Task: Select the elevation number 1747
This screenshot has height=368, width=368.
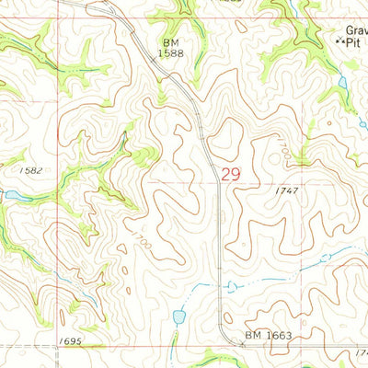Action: [x=286, y=190]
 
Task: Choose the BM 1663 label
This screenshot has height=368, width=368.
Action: [x=269, y=337]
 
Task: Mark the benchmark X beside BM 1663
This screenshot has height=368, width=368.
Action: [x=242, y=343]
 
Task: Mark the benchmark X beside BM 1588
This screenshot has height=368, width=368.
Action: [x=154, y=61]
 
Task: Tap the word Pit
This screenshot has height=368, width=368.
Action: [x=354, y=42]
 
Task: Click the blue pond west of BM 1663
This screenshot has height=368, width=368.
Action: [x=178, y=318]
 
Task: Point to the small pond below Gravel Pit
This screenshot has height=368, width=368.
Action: [x=343, y=83]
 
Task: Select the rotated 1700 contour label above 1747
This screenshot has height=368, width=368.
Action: [x=283, y=147]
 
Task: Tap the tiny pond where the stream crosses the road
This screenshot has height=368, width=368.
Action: [x=230, y=286]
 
